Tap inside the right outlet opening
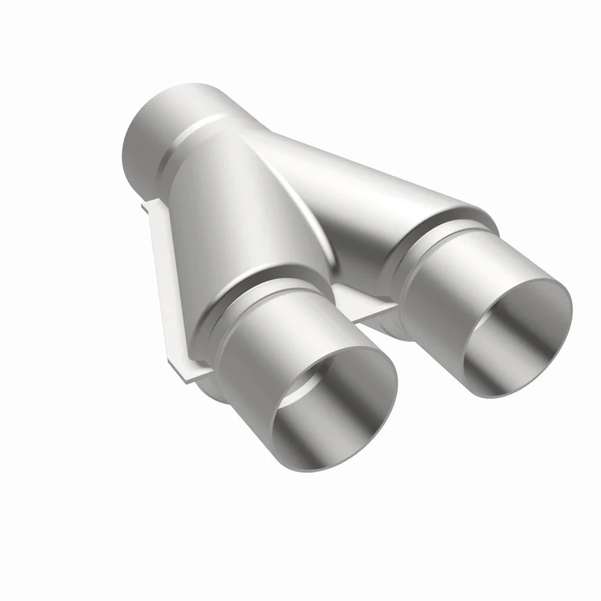[x=518, y=338]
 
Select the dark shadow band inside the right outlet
[x=488, y=353]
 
